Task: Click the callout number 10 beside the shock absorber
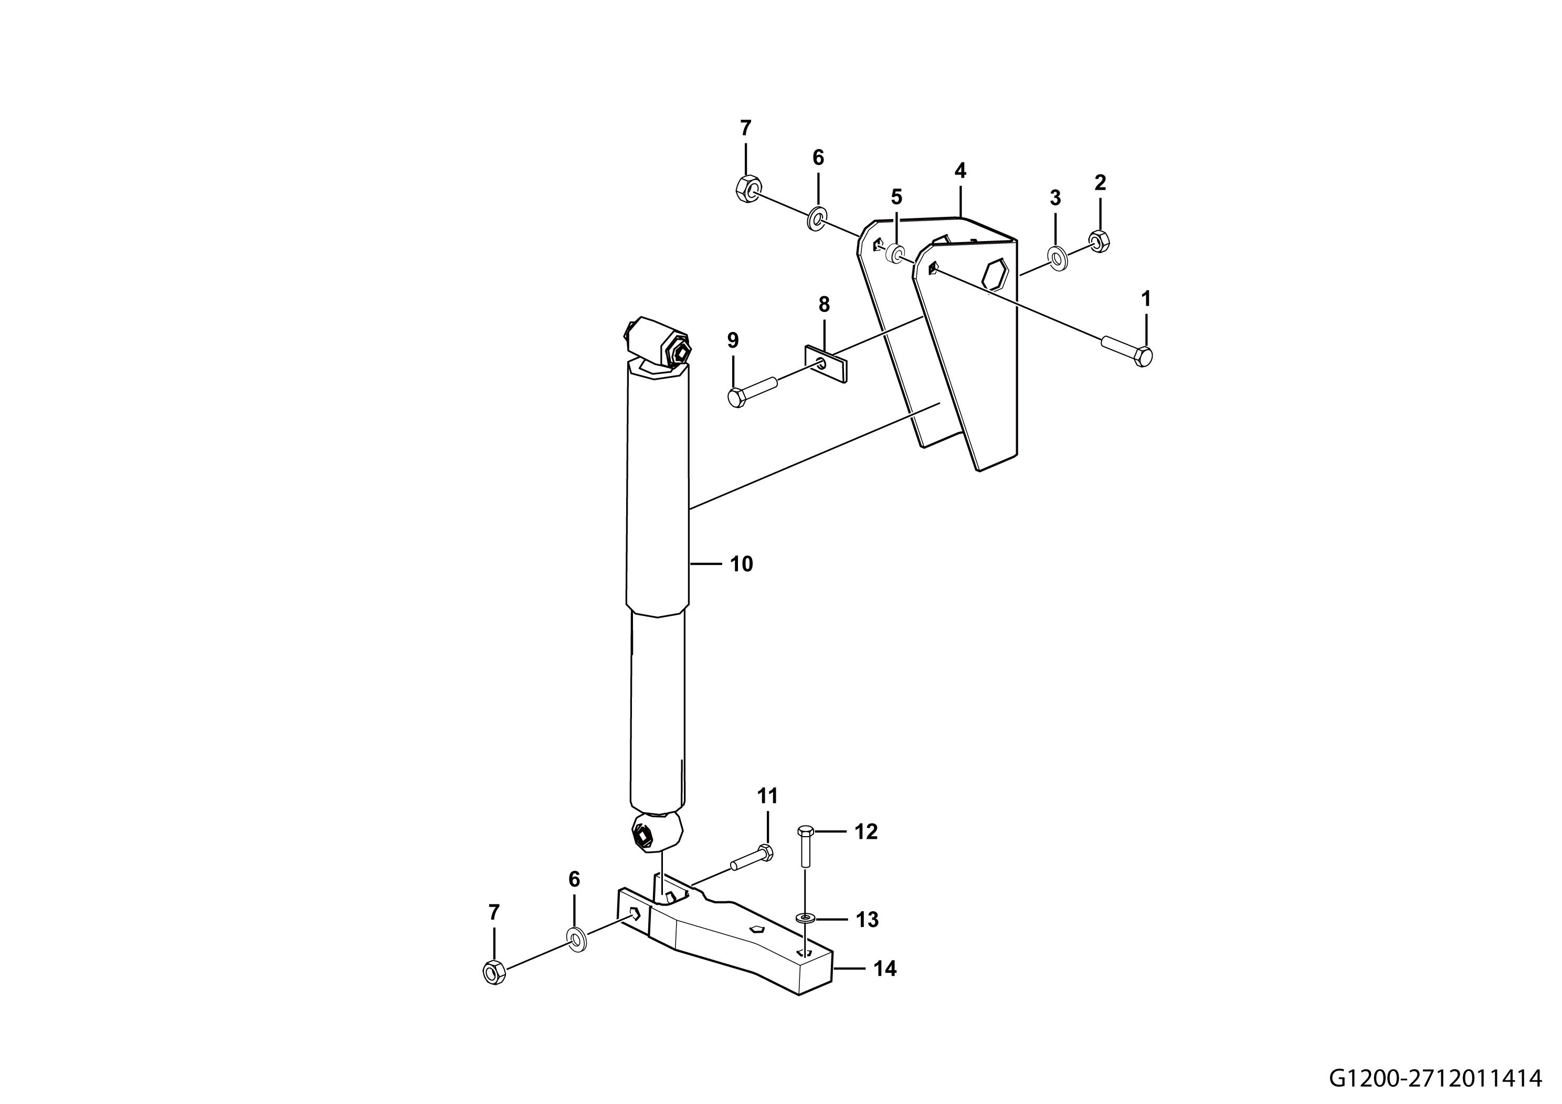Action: [x=742, y=564]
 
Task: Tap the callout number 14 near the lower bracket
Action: [x=884, y=968]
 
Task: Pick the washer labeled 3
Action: [x=1057, y=258]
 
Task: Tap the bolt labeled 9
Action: [x=753, y=389]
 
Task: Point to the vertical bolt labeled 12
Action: [x=805, y=846]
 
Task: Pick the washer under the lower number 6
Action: [x=576, y=939]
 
